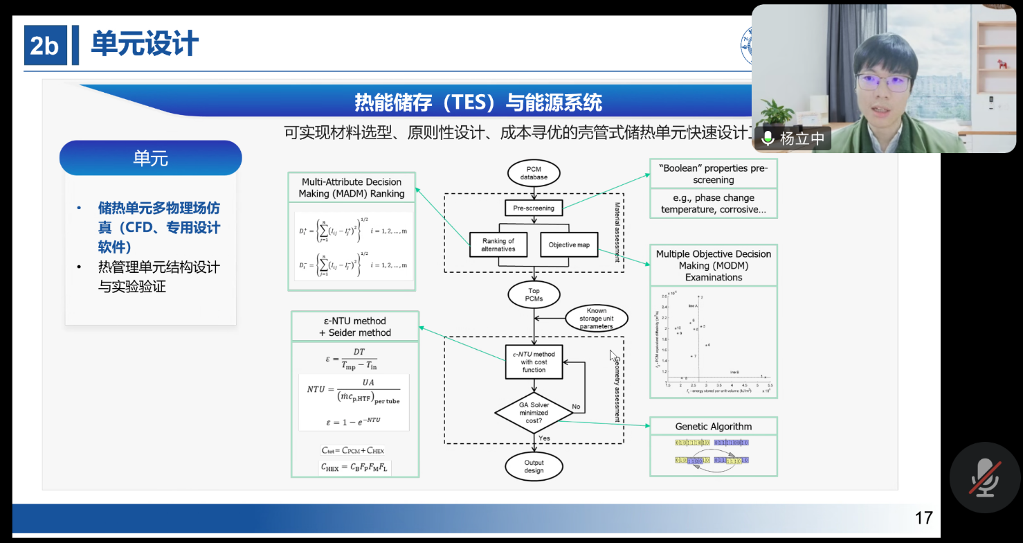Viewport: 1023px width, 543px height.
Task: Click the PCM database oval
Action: pyautogui.click(x=534, y=172)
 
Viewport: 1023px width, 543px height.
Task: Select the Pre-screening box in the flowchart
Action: pyautogui.click(x=534, y=208)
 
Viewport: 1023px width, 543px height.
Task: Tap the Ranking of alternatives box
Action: pyautogui.click(x=498, y=245)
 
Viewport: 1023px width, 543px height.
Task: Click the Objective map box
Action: pyautogui.click(x=569, y=245)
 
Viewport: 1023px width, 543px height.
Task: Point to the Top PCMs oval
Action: pyautogui.click(x=534, y=294)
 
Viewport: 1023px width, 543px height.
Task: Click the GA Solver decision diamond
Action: pyautogui.click(x=534, y=413)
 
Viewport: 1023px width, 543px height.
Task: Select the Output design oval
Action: pyautogui.click(x=534, y=466)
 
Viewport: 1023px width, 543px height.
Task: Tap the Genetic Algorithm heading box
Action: pyautogui.click(x=713, y=427)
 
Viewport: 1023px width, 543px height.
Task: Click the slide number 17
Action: pyautogui.click(x=923, y=518)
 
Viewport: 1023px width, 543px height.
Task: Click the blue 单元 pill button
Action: pyautogui.click(x=150, y=159)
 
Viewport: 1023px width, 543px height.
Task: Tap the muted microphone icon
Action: pyautogui.click(x=984, y=478)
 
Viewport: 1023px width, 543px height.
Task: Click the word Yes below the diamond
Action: pyautogui.click(x=544, y=438)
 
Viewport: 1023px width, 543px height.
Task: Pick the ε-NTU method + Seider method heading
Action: pyautogui.click(x=355, y=327)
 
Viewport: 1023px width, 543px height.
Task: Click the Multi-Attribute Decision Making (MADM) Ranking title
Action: pyautogui.click(x=352, y=188)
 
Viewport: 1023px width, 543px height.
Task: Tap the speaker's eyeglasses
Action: pyautogui.click(x=882, y=83)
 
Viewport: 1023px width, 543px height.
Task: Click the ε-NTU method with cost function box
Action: pyautogui.click(x=534, y=362)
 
